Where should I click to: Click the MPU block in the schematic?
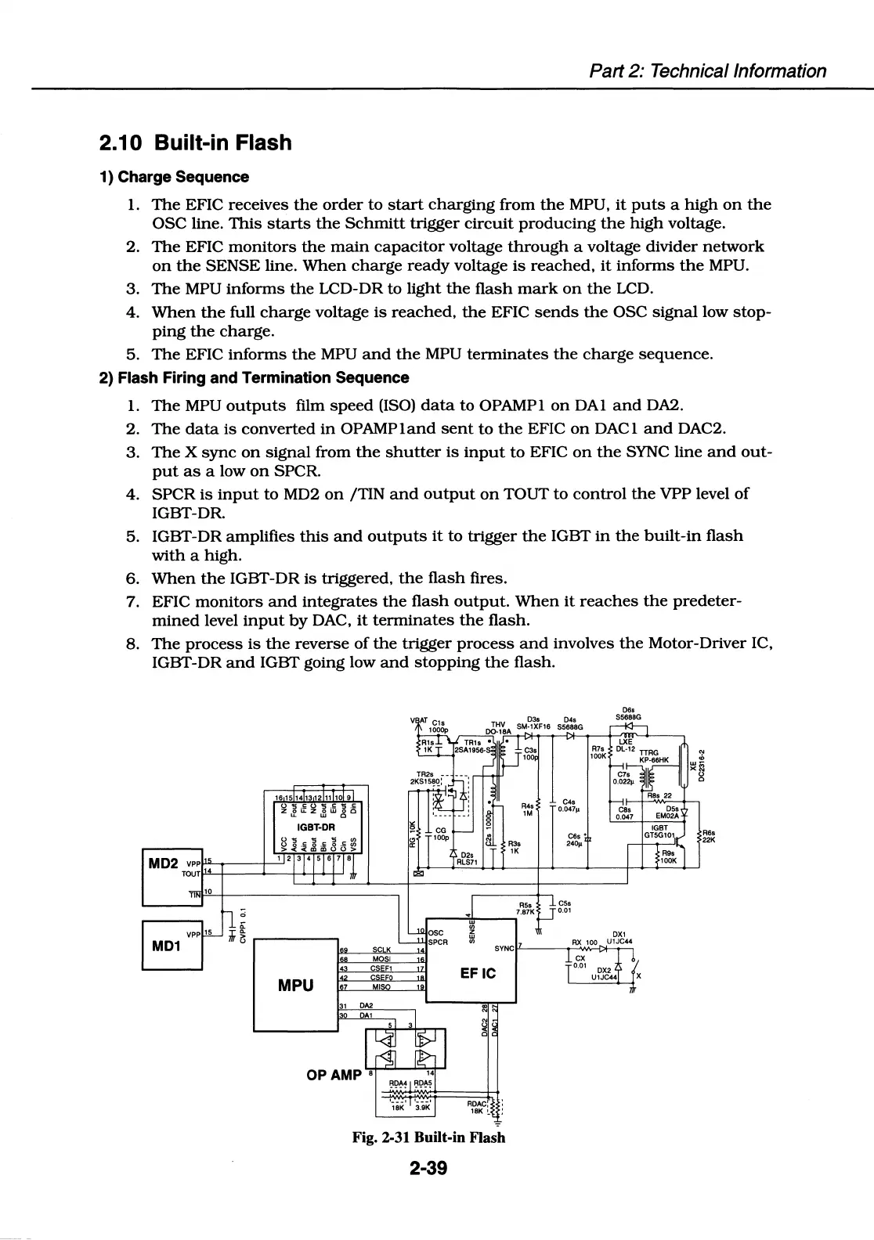pos(295,985)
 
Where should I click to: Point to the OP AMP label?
pos(334,1075)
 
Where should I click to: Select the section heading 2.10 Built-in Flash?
pos(195,143)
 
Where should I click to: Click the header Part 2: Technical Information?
pos(706,71)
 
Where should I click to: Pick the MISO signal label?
pos(381,987)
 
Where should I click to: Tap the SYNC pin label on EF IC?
pos(504,948)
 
